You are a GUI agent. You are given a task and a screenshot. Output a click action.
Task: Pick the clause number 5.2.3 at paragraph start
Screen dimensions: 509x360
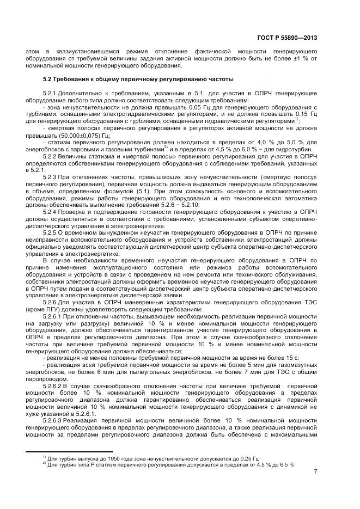(52, 176)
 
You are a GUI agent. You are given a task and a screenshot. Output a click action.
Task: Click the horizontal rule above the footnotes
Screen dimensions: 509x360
(69, 452)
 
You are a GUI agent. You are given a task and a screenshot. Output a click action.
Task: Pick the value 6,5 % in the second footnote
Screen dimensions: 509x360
(284, 464)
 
